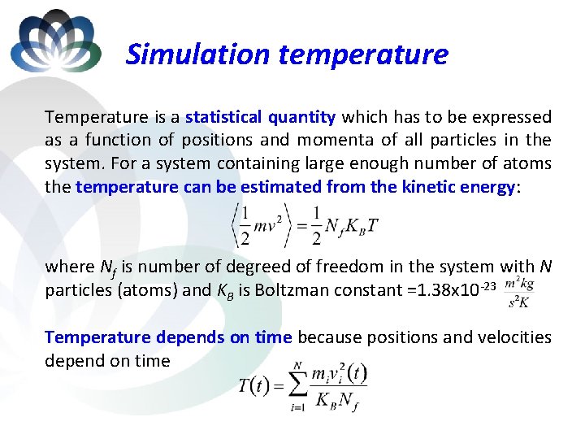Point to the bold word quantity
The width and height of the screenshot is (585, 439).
[301, 117]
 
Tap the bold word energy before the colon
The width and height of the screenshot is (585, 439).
[486, 187]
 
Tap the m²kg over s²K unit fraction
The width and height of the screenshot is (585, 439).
[519, 292]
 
